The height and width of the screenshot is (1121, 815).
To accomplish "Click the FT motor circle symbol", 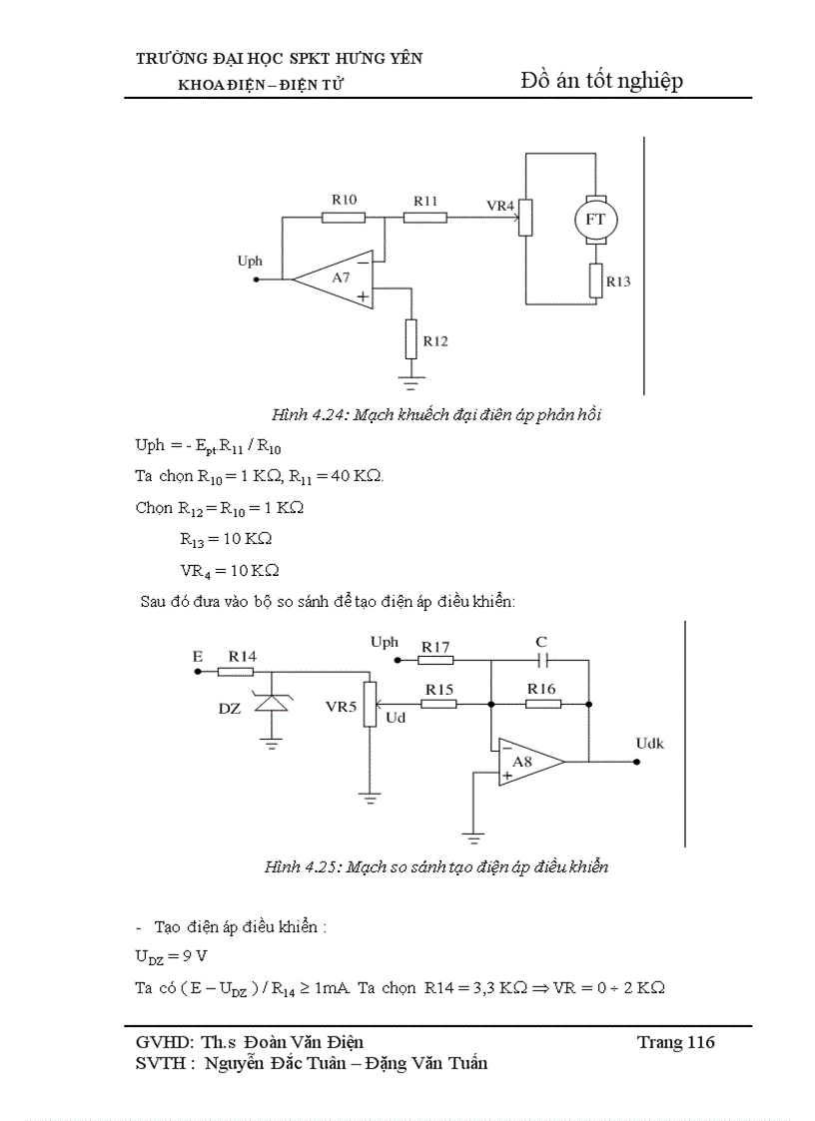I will pos(594,219).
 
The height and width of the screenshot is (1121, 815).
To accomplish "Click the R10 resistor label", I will pos(344,200).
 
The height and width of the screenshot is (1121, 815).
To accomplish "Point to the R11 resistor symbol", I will pos(425,217).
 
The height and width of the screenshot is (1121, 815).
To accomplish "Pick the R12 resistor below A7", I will pos(410,340).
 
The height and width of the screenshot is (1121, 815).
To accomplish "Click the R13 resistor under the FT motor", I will pos(595,280).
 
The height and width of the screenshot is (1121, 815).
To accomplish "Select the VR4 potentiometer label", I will pos(499,206).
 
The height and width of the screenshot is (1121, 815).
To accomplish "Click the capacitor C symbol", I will pos(542,660).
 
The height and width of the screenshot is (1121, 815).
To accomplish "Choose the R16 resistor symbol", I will pos(542,704).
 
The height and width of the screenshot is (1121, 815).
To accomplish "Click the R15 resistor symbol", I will pos(438,704).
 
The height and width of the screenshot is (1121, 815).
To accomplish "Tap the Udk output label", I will pos(650,743).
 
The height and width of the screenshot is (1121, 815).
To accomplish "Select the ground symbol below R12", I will pos(410,380).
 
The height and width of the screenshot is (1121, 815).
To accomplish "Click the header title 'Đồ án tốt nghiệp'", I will pos(601,81).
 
